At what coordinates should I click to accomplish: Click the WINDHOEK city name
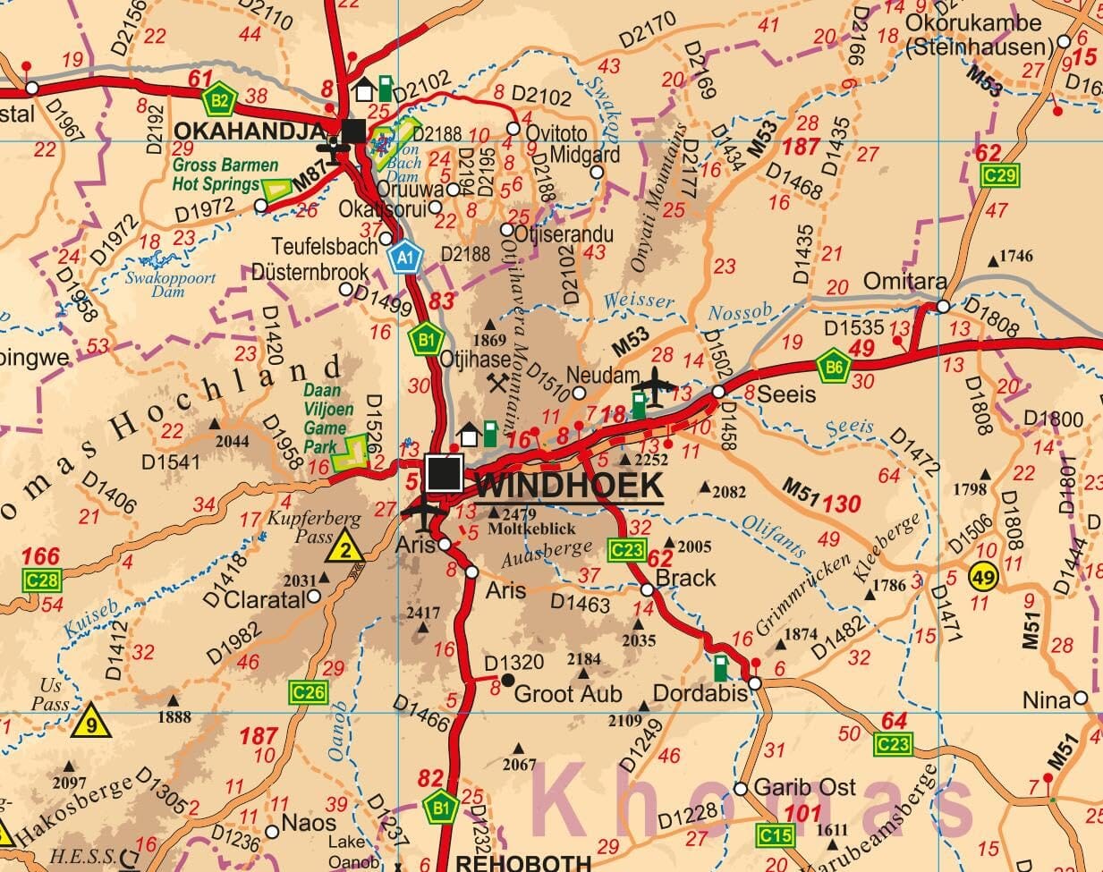(x=570, y=487)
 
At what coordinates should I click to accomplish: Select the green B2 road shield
(x=218, y=99)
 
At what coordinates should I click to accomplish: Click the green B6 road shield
(x=832, y=365)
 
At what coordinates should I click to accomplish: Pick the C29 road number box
(x=999, y=175)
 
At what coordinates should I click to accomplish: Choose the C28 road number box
(x=41, y=581)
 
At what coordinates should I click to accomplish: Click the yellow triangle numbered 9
(x=92, y=721)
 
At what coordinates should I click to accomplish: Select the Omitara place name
(x=904, y=283)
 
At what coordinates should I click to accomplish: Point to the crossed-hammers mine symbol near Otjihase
(x=497, y=383)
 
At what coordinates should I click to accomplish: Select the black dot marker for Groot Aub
(x=507, y=681)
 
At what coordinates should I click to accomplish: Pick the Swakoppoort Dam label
(x=171, y=284)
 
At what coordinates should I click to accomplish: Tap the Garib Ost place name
(x=804, y=788)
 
